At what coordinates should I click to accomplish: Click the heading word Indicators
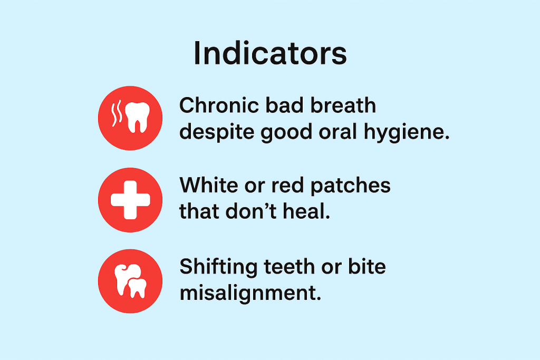click(x=270, y=53)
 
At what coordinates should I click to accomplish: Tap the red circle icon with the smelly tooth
click(x=130, y=118)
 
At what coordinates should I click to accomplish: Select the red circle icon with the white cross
click(x=130, y=200)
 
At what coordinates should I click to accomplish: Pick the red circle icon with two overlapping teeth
click(x=130, y=281)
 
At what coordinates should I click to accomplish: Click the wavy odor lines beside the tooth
click(x=117, y=113)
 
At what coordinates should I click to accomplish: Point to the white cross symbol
click(x=130, y=200)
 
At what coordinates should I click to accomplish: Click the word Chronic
click(x=219, y=105)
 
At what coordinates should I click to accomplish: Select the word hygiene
click(x=407, y=133)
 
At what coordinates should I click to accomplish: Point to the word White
click(x=208, y=185)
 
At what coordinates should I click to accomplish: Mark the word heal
click(x=306, y=211)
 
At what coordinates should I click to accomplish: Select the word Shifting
click(x=218, y=268)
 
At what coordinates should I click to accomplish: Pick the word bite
click(x=367, y=267)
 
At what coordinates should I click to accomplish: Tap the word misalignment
click(x=250, y=294)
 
